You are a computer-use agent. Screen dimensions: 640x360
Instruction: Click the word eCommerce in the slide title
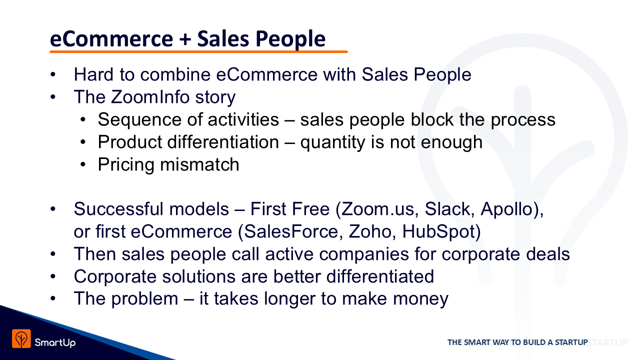click(111, 39)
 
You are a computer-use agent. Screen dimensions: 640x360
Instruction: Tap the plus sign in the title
click(185, 39)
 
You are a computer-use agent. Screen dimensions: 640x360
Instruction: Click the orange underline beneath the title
click(198, 51)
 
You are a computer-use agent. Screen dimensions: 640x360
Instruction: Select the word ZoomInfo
click(150, 97)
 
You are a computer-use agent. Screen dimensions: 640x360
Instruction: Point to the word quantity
click(332, 142)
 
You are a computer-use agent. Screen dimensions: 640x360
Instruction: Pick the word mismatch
click(199, 164)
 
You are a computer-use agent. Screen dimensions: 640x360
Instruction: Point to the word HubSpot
click(439, 231)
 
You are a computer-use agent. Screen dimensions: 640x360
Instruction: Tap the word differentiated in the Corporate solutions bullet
click(380, 276)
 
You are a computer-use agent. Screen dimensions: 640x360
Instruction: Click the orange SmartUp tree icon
click(21, 338)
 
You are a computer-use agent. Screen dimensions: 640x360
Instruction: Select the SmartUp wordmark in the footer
click(55, 342)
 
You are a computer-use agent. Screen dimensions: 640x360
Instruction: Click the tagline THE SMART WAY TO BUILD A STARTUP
click(517, 342)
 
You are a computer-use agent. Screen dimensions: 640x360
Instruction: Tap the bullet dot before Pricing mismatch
click(83, 164)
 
